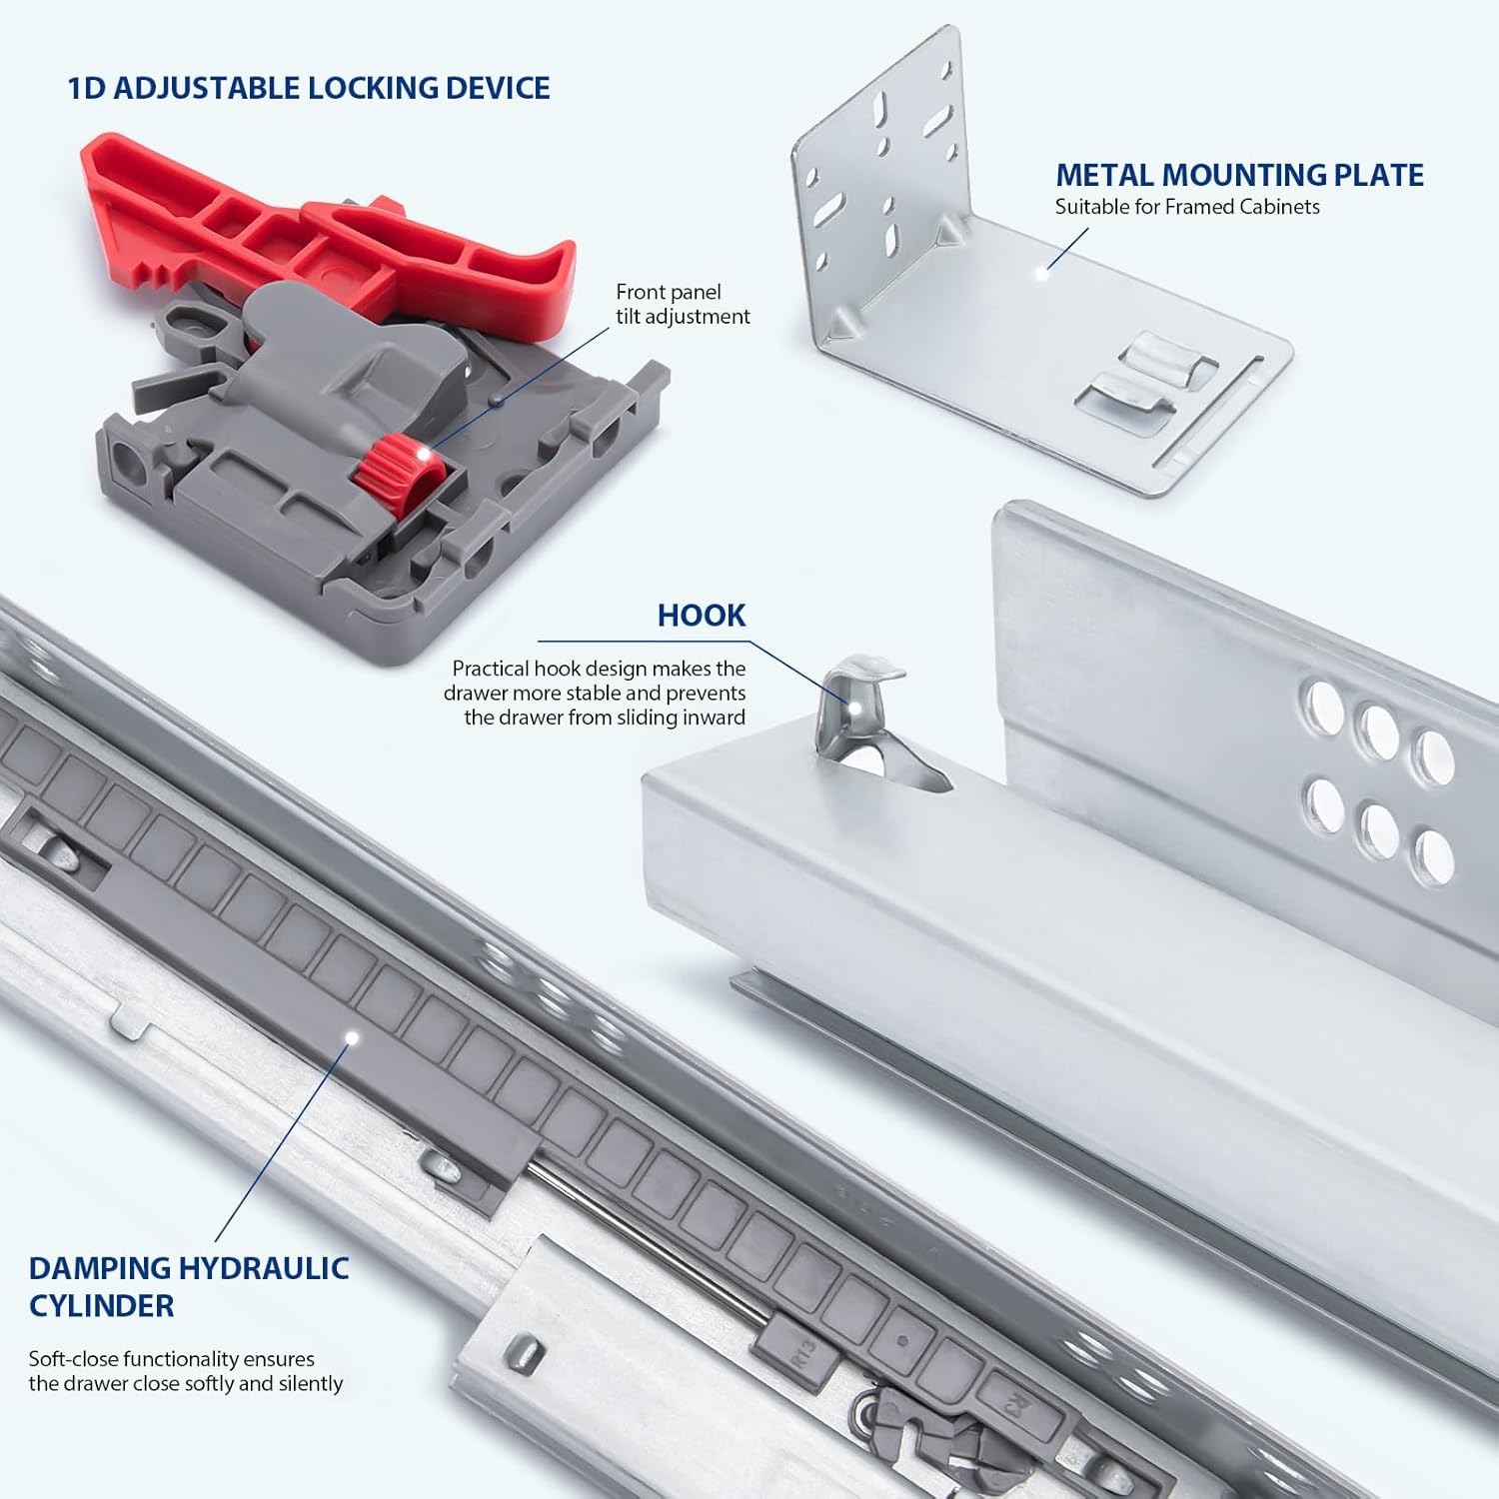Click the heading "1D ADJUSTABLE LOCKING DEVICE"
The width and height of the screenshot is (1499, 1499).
309,88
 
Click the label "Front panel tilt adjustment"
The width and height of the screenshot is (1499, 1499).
683,304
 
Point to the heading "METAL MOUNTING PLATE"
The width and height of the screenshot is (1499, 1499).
1239,175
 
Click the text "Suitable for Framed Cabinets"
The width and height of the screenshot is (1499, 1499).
1187,207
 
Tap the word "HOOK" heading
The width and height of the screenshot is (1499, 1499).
702,615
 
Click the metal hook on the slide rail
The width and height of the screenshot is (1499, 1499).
857,700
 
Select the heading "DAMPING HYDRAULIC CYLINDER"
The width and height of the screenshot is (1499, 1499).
188,1286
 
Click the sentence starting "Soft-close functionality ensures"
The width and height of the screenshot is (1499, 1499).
186,1371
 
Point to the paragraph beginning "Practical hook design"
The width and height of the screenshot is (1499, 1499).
596,693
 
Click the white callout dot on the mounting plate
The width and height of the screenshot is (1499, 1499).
1041,271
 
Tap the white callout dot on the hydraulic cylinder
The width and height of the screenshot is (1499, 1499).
351,1038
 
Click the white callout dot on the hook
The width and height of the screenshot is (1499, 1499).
856,706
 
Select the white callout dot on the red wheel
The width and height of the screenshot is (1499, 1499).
422,456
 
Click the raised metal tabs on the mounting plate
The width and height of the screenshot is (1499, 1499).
1149,375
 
